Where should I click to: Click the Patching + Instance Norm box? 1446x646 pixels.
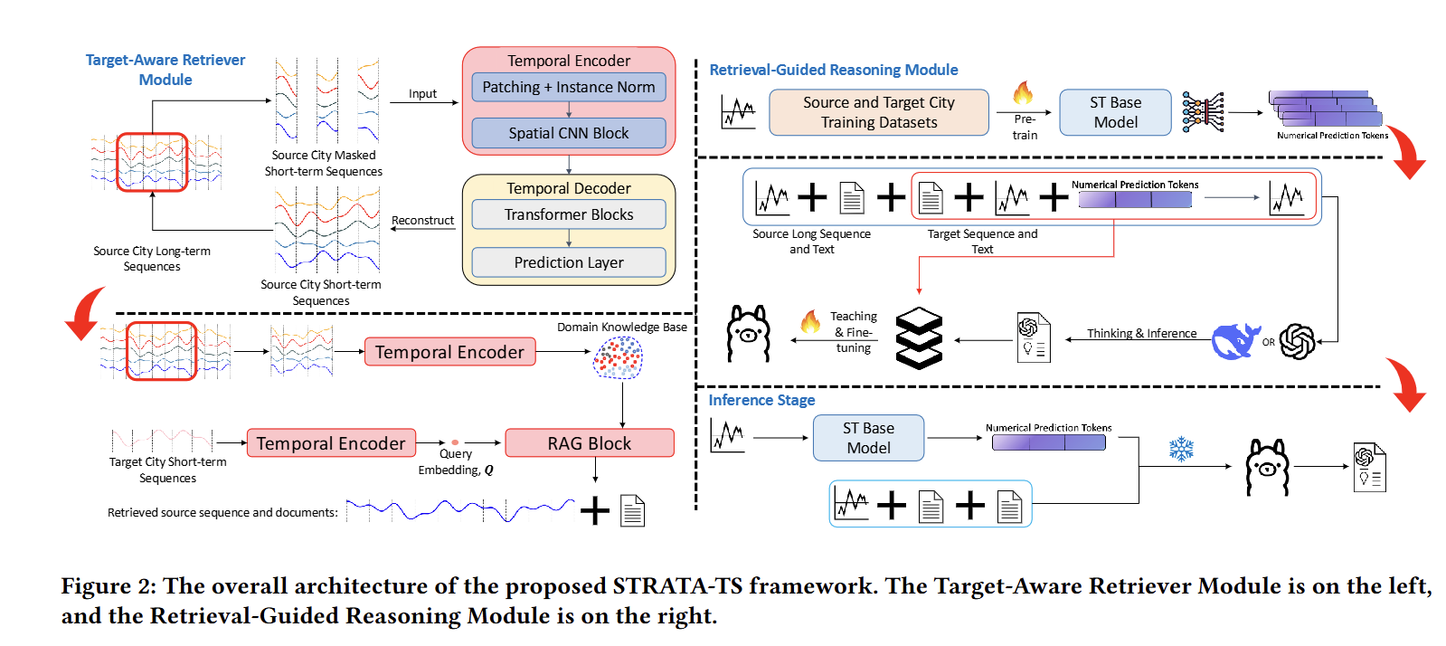click(x=568, y=87)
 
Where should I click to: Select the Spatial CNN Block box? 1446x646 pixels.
click(x=568, y=133)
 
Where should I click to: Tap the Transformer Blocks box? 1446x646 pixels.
click(x=568, y=214)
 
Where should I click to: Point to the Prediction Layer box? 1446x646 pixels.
click(x=568, y=262)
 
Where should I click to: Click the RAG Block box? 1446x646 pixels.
click(x=589, y=443)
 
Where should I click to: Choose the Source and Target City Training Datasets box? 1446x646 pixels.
click(x=878, y=112)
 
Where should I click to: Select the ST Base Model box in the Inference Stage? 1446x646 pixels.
click(x=868, y=438)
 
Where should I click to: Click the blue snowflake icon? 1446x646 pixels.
click(x=1181, y=449)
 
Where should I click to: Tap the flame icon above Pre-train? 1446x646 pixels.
click(x=1023, y=92)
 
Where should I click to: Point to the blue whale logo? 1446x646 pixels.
click(x=1235, y=341)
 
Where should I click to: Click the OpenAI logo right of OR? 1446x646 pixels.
click(x=1298, y=341)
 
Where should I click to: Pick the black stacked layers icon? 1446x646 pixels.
click(x=919, y=338)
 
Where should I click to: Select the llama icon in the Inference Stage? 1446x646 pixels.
click(x=1267, y=467)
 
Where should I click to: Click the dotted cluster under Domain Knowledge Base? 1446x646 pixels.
click(x=618, y=358)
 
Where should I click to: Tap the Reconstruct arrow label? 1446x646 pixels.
click(x=422, y=220)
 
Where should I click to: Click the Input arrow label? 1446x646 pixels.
click(x=422, y=93)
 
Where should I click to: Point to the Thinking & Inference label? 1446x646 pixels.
click(x=1141, y=333)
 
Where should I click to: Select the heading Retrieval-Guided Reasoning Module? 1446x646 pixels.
click(x=833, y=70)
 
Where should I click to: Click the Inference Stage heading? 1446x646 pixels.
click(x=761, y=400)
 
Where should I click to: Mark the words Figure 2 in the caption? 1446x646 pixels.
click(x=108, y=586)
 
